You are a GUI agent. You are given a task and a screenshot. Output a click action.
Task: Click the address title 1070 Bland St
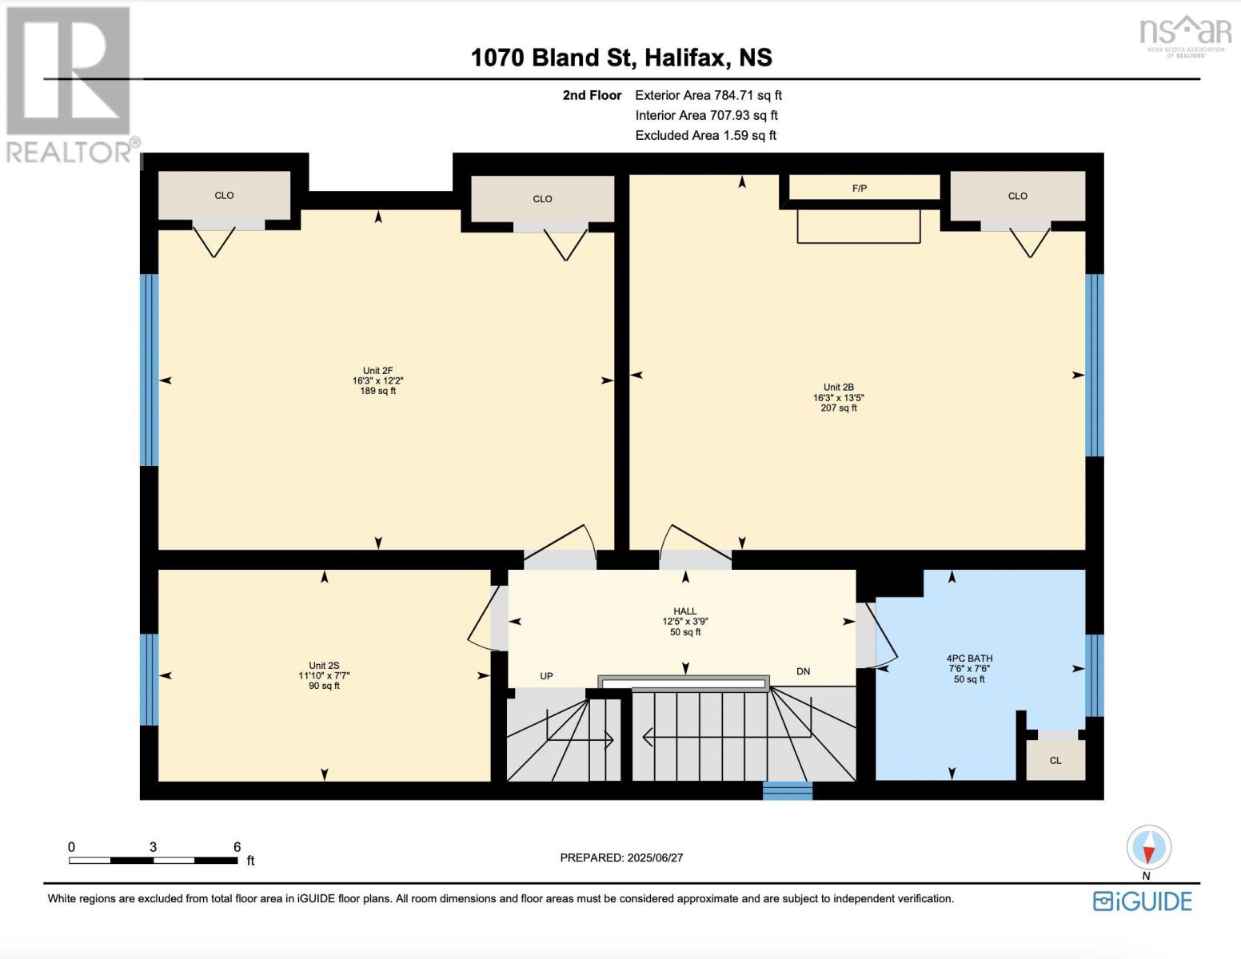pyautogui.click(x=621, y=58)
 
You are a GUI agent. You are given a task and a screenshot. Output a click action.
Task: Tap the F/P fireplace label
pyautogui.click(x=860, y=189)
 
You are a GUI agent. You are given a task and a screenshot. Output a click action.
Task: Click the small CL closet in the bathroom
pyautogui.click(x=1055, y=760)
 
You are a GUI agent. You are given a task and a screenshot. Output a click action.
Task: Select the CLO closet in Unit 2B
pyautogui.click(x=1017, y=196)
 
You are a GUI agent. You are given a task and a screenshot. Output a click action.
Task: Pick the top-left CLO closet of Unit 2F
pyautogui.click(x=224, y=195)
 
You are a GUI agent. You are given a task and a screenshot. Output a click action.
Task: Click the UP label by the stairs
pyautogui.click(x=546, y=676)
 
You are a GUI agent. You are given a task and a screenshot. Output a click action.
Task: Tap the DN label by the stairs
pyautogui.click(x=803, y=671)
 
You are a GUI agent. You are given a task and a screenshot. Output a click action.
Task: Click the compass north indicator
pyautogui.click(x=1149, y=849)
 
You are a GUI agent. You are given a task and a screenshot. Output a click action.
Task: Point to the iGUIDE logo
pyautogui.click(x=1142, y=901)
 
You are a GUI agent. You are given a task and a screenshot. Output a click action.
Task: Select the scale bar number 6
pyautogui.click(x=237, y=847)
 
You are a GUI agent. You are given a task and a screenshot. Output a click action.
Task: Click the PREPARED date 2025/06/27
pyautogui.click(x=621, y=858)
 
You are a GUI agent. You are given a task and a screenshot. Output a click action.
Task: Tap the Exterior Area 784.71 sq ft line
pyautogui.click(x=708, y=95)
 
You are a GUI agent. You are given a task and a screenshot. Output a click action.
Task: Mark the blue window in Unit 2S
pyautogui.click(x=149, y=679)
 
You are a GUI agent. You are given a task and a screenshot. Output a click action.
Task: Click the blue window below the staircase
pyautogui.click(x=787, y=790)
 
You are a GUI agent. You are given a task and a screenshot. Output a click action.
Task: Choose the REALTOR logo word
pyautogui.click(x=70, y=152)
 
